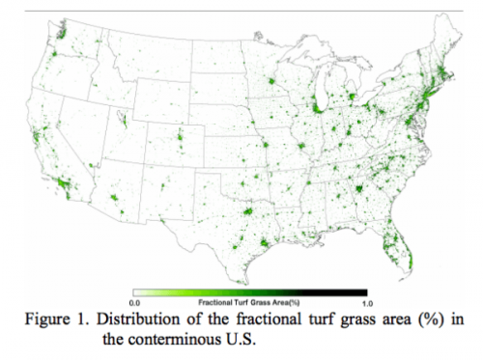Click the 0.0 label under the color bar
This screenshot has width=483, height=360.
click(x=134, y=301)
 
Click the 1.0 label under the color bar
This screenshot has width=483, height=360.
click(x=366, y=301)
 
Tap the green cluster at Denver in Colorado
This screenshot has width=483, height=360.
click(x=180, y=143)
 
